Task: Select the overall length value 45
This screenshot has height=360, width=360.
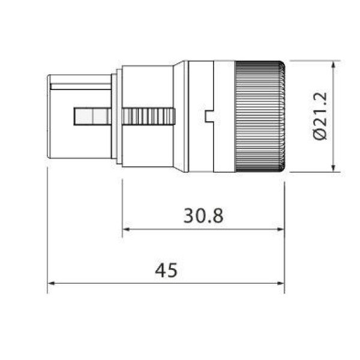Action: (166, 271)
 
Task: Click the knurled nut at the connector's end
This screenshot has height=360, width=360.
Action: (259, 116)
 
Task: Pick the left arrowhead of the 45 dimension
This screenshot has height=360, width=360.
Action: (51, 283)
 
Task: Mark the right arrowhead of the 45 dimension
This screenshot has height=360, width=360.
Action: (280, 283)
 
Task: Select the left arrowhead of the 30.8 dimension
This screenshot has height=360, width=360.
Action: (126, 229)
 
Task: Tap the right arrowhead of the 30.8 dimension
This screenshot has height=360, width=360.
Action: (280, 229)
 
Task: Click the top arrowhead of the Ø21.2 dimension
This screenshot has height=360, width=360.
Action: (333, 64)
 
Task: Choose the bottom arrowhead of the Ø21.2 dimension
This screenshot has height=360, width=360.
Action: (333, 168)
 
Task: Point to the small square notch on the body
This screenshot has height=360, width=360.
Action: (209, 116)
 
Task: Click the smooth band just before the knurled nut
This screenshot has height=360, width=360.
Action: (224, 116)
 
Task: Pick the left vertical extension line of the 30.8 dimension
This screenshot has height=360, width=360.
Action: (122, 204)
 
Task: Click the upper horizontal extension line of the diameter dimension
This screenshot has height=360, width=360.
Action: (312, 61)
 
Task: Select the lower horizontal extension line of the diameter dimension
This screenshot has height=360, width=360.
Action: (312, 172)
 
